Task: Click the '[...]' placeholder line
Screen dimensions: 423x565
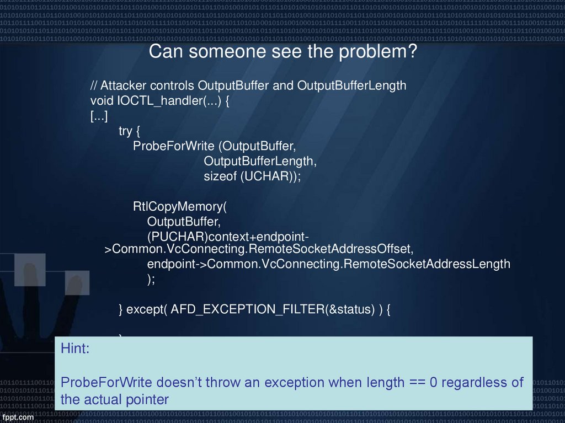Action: tap(99, 116)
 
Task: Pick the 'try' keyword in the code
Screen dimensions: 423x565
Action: tap(126, 131)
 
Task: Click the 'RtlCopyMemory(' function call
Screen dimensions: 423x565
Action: tap(180, 207)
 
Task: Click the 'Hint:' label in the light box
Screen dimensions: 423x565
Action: tap(74, 349)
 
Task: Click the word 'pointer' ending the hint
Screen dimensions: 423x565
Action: tap(146, 399)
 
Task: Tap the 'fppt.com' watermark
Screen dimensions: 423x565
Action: tap(19, 417)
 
